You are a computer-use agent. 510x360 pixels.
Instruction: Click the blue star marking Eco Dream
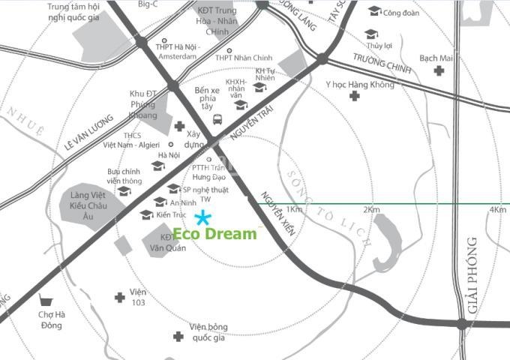tap(202, 218)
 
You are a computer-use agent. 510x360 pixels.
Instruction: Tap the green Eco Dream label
tap(214, 234)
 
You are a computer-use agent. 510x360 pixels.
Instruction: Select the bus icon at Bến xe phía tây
tap(217, 118)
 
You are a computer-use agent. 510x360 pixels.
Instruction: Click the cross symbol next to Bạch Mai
tap(439, 70)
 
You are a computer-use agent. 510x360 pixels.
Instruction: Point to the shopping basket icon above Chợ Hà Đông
tap(49, 299)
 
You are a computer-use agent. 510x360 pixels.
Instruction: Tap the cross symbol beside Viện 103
tap(119, 298)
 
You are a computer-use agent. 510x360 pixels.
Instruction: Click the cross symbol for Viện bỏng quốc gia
tap(178, 337)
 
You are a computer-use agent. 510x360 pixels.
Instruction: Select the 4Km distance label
tap(497, 209)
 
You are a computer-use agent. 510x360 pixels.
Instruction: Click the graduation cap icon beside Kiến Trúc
tap(146, 215)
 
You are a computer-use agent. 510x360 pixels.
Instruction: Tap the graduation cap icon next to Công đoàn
tap(374, 10)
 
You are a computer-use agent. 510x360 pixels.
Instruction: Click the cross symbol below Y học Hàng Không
tap(353, 96)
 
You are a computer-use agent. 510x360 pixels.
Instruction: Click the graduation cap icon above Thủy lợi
tap(370, 34)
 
